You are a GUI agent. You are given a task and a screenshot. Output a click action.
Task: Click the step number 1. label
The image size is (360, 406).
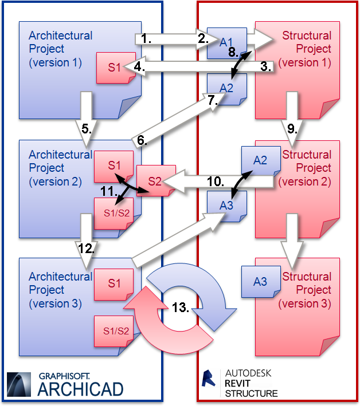pos(146,40)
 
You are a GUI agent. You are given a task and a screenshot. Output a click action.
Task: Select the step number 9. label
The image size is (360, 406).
pos(292,129)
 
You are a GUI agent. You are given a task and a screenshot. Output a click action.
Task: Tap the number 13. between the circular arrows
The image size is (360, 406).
pos(181,308)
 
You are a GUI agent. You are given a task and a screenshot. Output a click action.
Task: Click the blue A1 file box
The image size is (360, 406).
pos(226,42)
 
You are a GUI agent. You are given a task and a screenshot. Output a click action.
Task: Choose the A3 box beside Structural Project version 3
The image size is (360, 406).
pos(260,281)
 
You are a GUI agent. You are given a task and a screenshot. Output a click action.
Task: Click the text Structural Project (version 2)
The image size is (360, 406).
pos(307,168)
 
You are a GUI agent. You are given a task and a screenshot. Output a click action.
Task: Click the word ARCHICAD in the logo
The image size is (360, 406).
pos(81,389)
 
